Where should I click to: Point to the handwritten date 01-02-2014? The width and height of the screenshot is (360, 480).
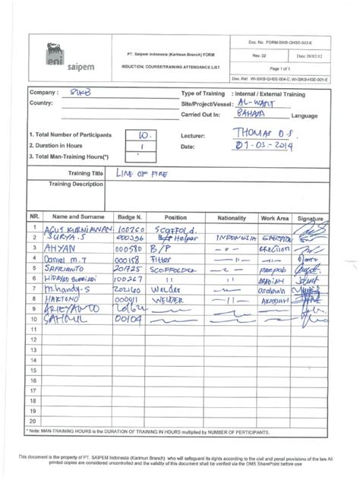coord(263,145)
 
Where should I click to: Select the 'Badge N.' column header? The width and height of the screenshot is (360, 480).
coord(129,217)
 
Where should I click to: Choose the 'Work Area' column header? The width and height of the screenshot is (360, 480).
coord(274,217)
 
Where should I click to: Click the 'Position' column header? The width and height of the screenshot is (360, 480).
coord(175,217)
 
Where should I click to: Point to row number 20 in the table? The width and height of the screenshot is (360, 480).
coord(34,420)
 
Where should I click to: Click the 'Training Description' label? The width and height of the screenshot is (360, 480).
coord(76,185)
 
